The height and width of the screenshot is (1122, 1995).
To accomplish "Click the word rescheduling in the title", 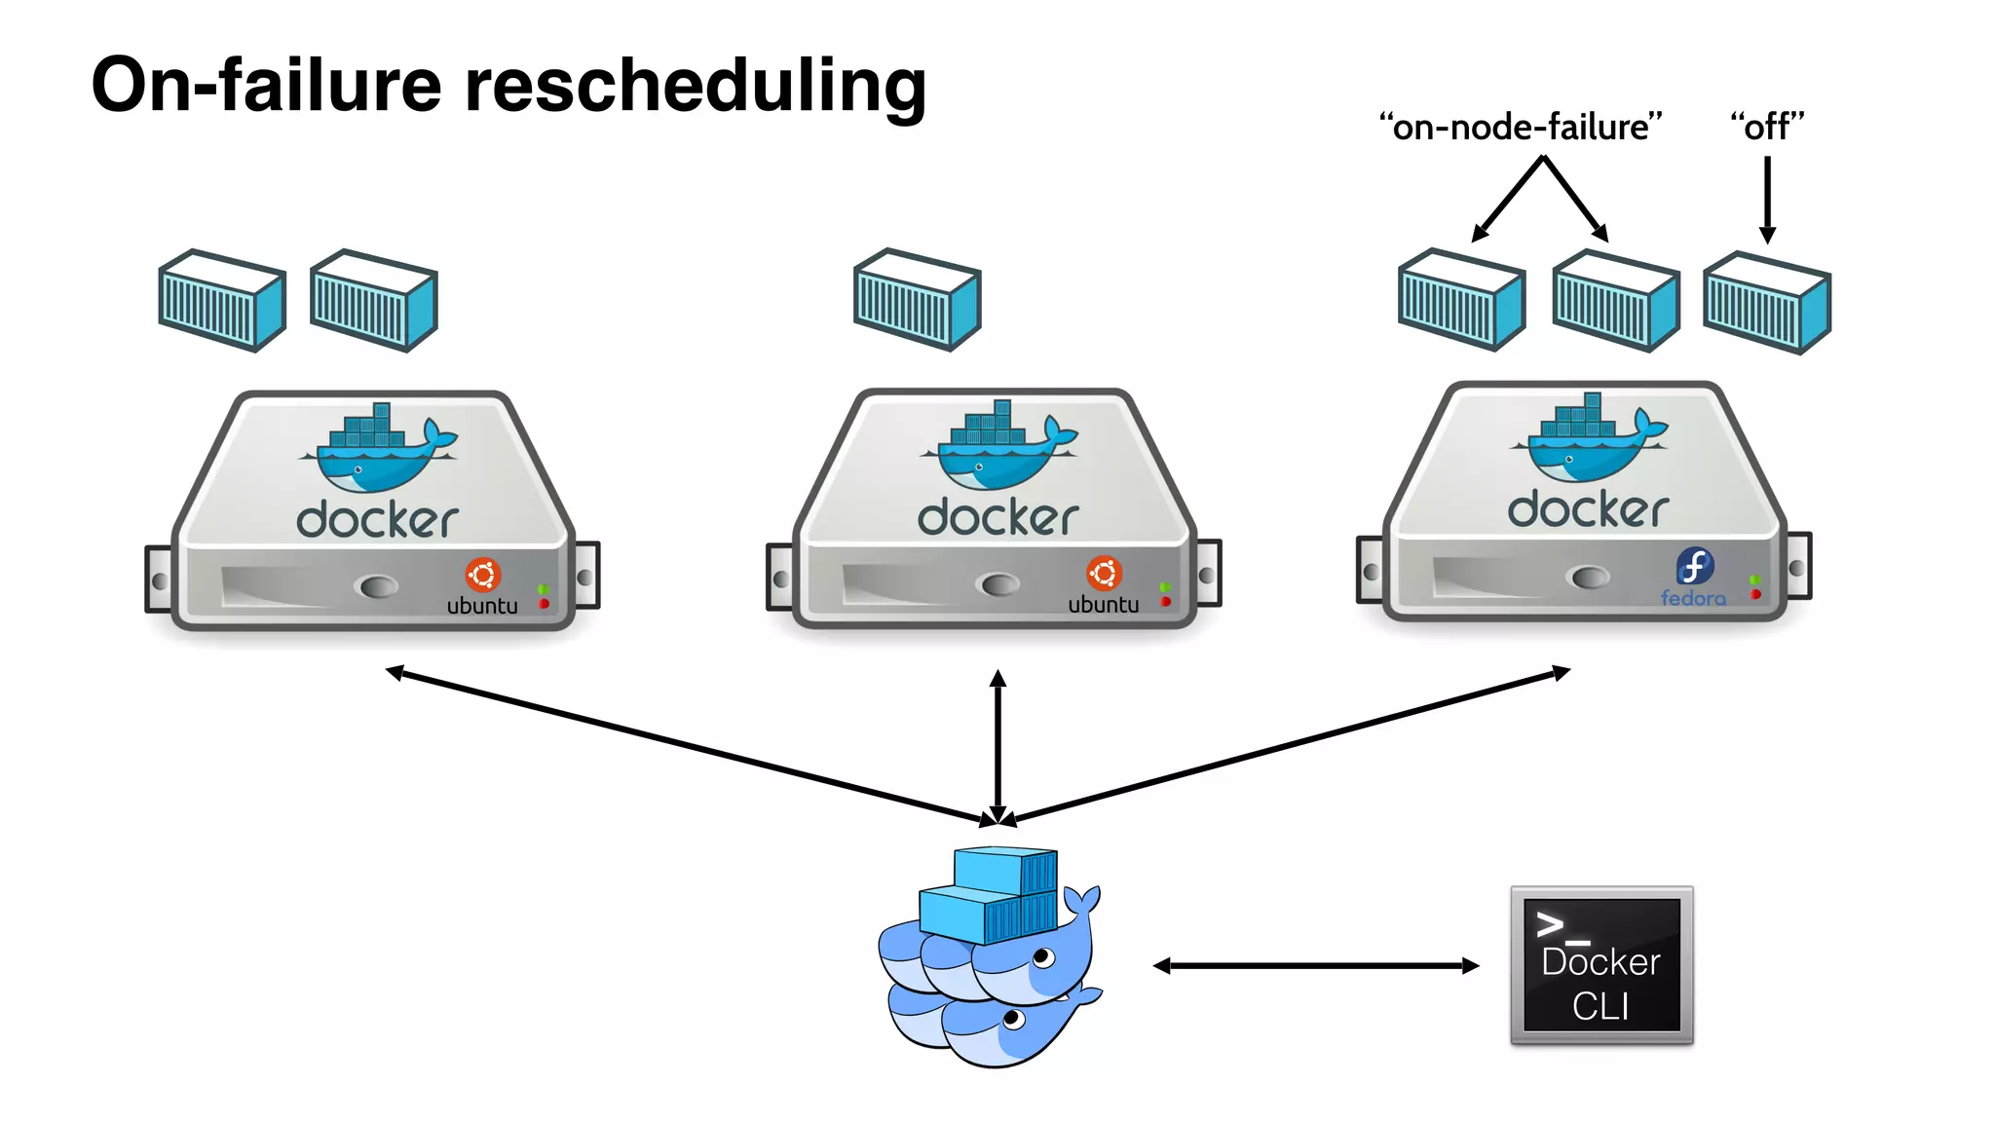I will coord(695,86).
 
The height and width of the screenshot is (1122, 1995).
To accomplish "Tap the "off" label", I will coord(1767,128).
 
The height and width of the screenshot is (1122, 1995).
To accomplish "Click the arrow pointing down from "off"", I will coord(1767,200).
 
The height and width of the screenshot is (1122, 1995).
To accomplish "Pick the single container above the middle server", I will coord(917,299).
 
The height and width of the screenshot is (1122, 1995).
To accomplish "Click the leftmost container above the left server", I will coord(222,300).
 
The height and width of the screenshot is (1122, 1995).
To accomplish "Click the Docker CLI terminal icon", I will coord(1601,965).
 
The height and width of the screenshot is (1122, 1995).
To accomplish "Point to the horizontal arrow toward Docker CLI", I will coord(1315,965).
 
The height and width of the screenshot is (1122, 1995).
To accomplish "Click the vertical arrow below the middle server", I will coord(997,745).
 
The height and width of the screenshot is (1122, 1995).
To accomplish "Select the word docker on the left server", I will coord(377,520).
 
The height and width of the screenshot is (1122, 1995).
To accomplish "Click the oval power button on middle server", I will coord(997,584).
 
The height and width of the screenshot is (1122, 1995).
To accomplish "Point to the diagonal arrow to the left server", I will coord(682,745).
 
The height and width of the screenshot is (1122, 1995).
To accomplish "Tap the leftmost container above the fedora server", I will coord(1461,299).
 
